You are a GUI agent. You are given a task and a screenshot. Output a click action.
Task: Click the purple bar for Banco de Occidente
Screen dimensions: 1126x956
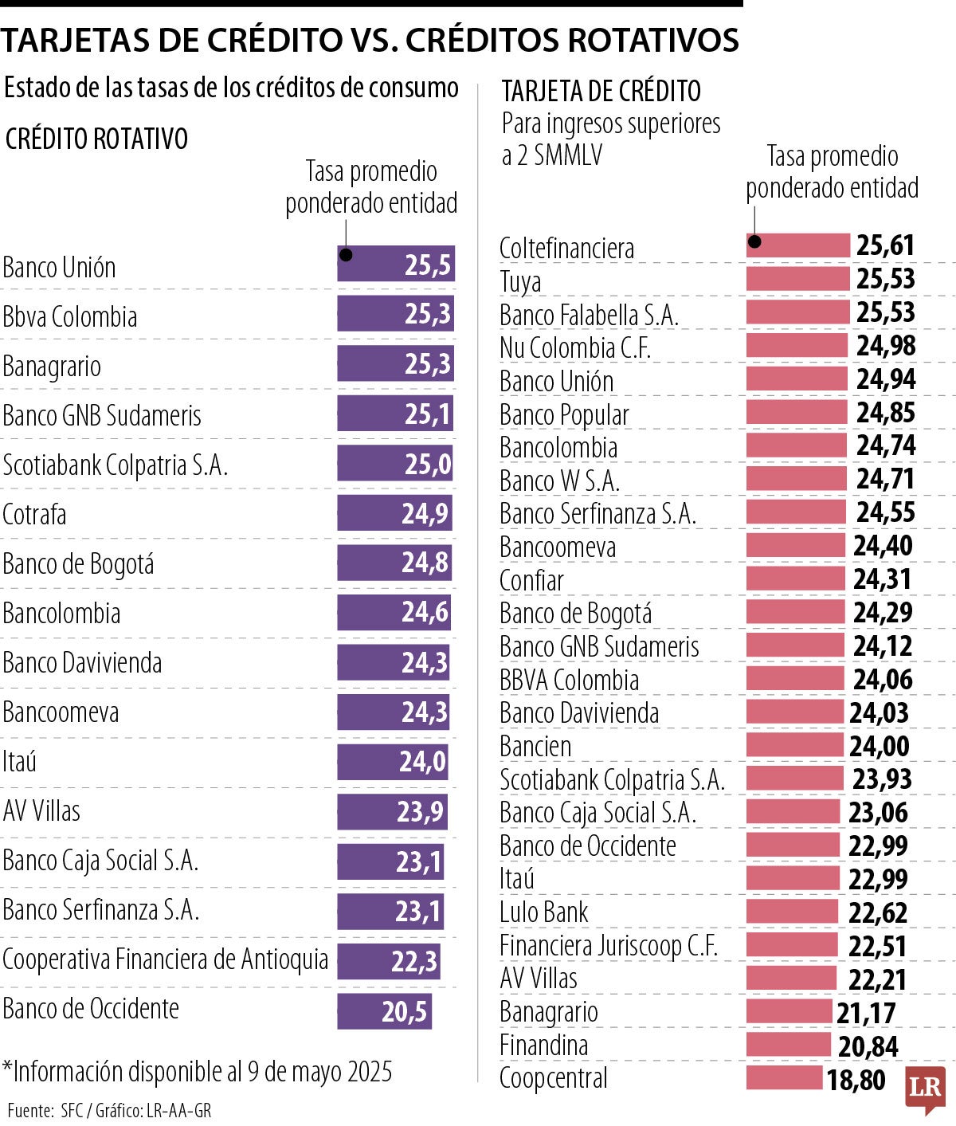point(384,1010)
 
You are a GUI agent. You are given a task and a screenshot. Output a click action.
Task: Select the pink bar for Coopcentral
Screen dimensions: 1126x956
point(784,1078)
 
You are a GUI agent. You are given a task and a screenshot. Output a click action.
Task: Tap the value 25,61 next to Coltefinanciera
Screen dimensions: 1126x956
point(885,246)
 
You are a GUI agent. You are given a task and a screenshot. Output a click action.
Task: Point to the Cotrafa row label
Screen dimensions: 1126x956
point(34,515)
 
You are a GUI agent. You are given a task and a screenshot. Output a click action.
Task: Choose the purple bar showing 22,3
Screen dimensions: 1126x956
point(388,961)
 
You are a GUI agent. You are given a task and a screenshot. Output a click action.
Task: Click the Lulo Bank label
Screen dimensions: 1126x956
point(543,912)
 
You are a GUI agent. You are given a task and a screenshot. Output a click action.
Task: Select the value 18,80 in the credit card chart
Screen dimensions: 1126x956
point(856,1081)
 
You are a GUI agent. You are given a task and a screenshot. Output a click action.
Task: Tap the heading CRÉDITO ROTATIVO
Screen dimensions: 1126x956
point(96,139)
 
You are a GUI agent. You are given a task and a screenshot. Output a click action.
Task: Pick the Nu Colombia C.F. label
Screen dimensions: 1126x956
point(575,348)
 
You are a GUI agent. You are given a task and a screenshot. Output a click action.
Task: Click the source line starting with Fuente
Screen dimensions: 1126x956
point(109,1110)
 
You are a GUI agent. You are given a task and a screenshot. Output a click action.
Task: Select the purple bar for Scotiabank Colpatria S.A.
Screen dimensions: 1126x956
point(394,464)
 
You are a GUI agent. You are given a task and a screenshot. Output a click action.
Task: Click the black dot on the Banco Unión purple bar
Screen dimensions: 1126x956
point(346,255)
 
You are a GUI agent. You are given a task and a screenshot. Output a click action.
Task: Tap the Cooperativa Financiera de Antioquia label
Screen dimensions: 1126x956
point(165,959)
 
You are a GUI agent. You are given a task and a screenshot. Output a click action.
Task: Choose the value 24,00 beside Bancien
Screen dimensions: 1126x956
point(879,747)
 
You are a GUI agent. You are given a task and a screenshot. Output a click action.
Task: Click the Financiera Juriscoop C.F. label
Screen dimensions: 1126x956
point(609,946)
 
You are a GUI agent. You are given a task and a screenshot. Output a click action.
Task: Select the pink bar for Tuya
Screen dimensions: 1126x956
point(797,279)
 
